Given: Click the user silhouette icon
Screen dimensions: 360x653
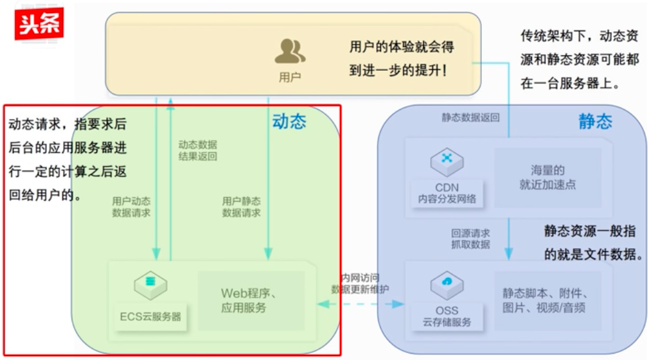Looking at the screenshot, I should click(290, 51).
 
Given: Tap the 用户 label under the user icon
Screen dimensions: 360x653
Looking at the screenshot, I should click(290, 77).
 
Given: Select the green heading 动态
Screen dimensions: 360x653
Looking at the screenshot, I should click(289, 121).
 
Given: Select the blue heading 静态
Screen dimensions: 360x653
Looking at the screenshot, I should click(595, 122).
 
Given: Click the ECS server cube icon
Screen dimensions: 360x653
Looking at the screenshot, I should click(150, 285).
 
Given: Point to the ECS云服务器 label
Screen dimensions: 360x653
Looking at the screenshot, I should click(150, 317).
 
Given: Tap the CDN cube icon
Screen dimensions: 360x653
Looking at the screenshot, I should click(447, 161).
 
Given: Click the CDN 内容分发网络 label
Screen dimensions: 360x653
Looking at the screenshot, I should click(447, 194).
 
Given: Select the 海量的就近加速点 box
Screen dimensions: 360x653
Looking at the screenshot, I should click(547, 177).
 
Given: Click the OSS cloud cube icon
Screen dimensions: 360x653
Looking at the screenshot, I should click(447, 284).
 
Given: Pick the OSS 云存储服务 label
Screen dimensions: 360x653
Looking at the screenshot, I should click(447, 316).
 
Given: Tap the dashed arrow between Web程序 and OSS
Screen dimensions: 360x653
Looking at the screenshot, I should click(361, 303).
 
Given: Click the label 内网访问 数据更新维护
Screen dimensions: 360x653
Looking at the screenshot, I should click(360, 283).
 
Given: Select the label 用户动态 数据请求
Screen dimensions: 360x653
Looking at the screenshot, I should click(132, 207).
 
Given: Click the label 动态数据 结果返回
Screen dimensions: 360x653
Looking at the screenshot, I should click(198, 150).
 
